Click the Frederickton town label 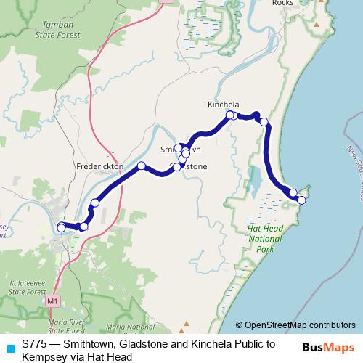coord(100,166)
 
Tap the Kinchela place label coord(223,105)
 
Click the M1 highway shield coord(52,300)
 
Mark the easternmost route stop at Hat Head coord(302,200)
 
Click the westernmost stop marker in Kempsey coord(61,227)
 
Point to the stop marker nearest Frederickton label coord(142,166)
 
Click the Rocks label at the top coord(282,3)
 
